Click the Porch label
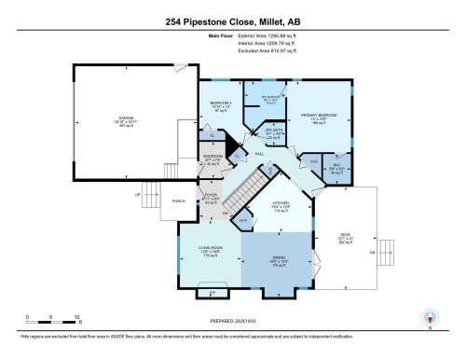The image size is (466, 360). (x=153, y=201)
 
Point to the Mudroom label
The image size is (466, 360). (x=212, y=160)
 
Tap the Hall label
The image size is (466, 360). (x=258, y=154)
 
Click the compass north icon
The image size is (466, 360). (x=428, y=317)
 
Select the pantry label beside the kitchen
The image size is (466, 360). (x=242, y=220)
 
